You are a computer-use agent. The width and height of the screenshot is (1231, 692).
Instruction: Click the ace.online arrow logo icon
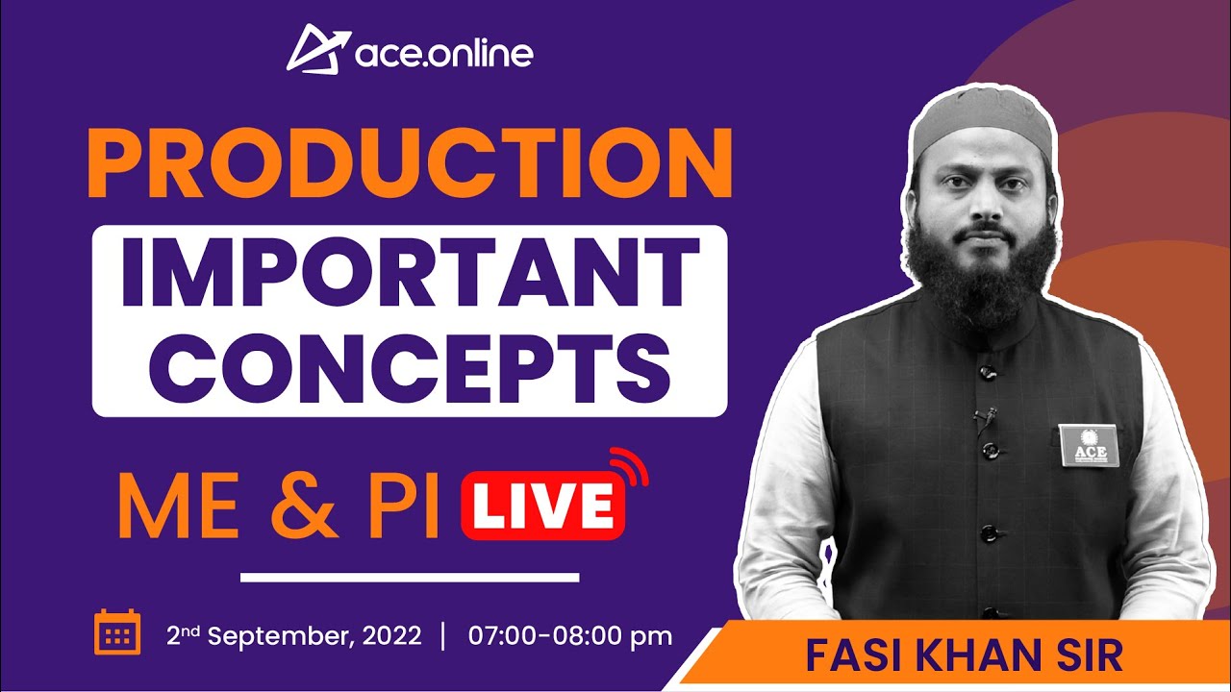coord(314,48)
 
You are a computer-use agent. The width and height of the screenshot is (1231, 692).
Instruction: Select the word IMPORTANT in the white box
coord(409,273)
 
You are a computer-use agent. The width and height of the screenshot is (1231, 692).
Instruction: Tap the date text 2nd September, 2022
coord(293,636)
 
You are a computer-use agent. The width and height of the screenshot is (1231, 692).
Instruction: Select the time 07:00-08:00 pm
coord(569,636)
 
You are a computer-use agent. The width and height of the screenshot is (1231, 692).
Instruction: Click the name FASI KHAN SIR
coord(963,656)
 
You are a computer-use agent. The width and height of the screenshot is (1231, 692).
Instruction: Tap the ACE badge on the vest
coord(1085,445)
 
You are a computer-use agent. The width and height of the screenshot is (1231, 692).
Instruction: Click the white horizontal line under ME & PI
coord(409,578)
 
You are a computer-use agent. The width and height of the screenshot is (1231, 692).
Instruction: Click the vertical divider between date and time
coord(443,636)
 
